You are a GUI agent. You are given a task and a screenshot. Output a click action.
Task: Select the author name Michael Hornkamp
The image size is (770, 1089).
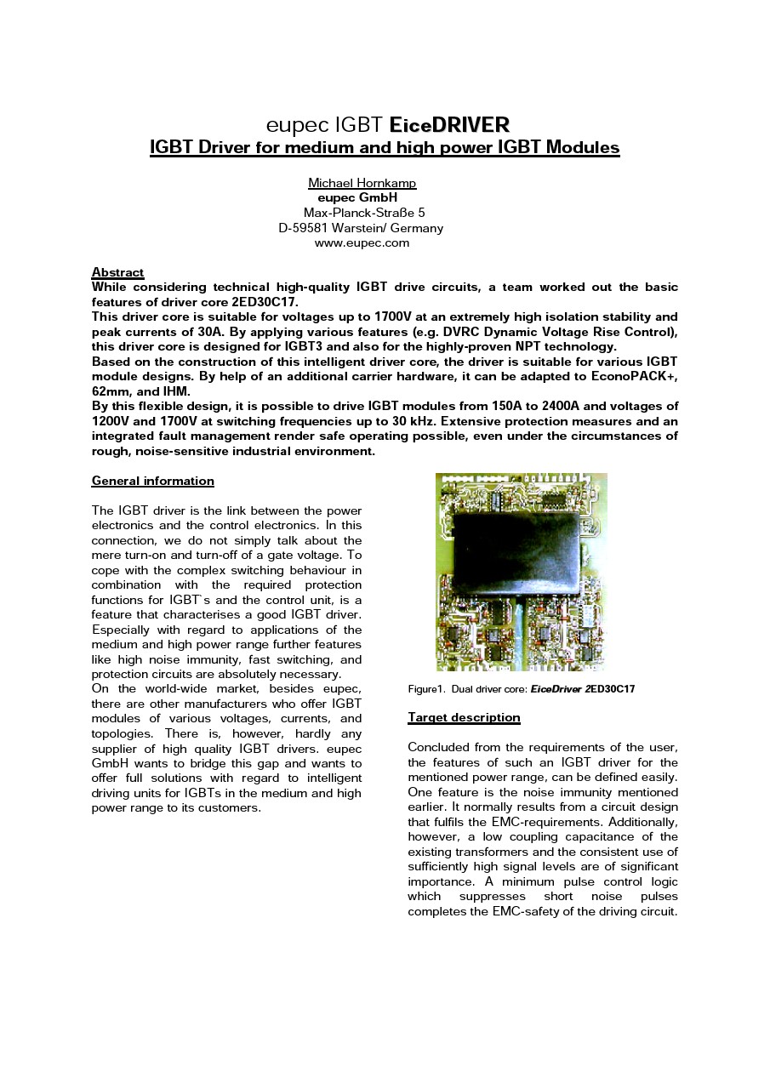click(362, 183)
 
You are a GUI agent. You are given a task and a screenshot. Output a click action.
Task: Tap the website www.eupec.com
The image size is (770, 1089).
click(362, 242)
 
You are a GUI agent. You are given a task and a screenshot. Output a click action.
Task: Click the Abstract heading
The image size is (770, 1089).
click(117, 272)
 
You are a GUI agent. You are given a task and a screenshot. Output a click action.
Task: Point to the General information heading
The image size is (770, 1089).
click(153, 481)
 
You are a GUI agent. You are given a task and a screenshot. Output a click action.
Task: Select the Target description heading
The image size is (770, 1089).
click(464, 717)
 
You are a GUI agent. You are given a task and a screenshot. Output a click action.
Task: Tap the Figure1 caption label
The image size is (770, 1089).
click(426, 689)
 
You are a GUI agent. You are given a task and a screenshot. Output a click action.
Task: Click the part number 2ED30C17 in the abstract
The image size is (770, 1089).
click(265, 302)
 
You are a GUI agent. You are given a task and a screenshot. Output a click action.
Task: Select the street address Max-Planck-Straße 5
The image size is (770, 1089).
click(364, 213)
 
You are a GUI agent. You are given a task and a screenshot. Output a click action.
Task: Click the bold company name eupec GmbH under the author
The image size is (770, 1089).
click(357, 197)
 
